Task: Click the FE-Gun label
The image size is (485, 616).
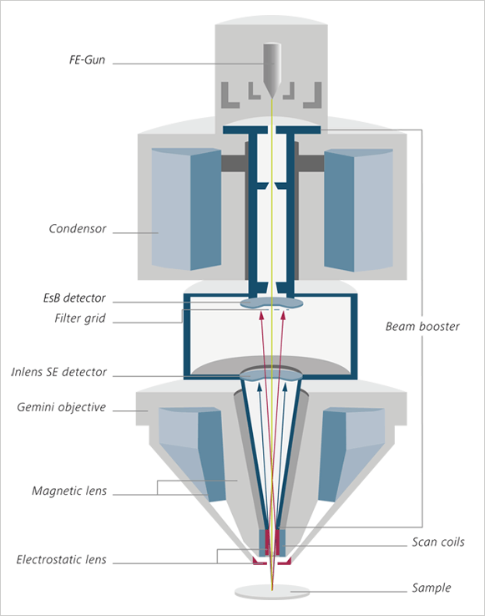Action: click(87, 59)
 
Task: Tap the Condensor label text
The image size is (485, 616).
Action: click(78, 229)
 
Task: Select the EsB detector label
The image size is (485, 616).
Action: click(74, 298)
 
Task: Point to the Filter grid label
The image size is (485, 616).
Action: click(80, 318)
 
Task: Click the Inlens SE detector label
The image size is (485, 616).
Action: click(59, 372)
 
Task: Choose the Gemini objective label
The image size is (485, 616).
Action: click(61, 407)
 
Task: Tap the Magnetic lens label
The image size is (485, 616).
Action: click(69, 491)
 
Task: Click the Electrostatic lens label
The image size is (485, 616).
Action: click(61, 559)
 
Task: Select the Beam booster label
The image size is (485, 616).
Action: click(422, 327)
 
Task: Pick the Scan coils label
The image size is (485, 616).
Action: click(438, 542)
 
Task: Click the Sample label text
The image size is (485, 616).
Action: click(432, 588)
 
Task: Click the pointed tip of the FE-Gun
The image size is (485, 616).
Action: click(271, 97)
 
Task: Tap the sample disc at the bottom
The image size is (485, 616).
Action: click(272, 592)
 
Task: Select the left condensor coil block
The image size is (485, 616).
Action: click(186, 209)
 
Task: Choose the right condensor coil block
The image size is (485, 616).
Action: click(358, 210)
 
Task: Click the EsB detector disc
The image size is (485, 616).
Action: click(271, 303)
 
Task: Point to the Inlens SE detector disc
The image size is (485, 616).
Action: click(270, 374)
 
